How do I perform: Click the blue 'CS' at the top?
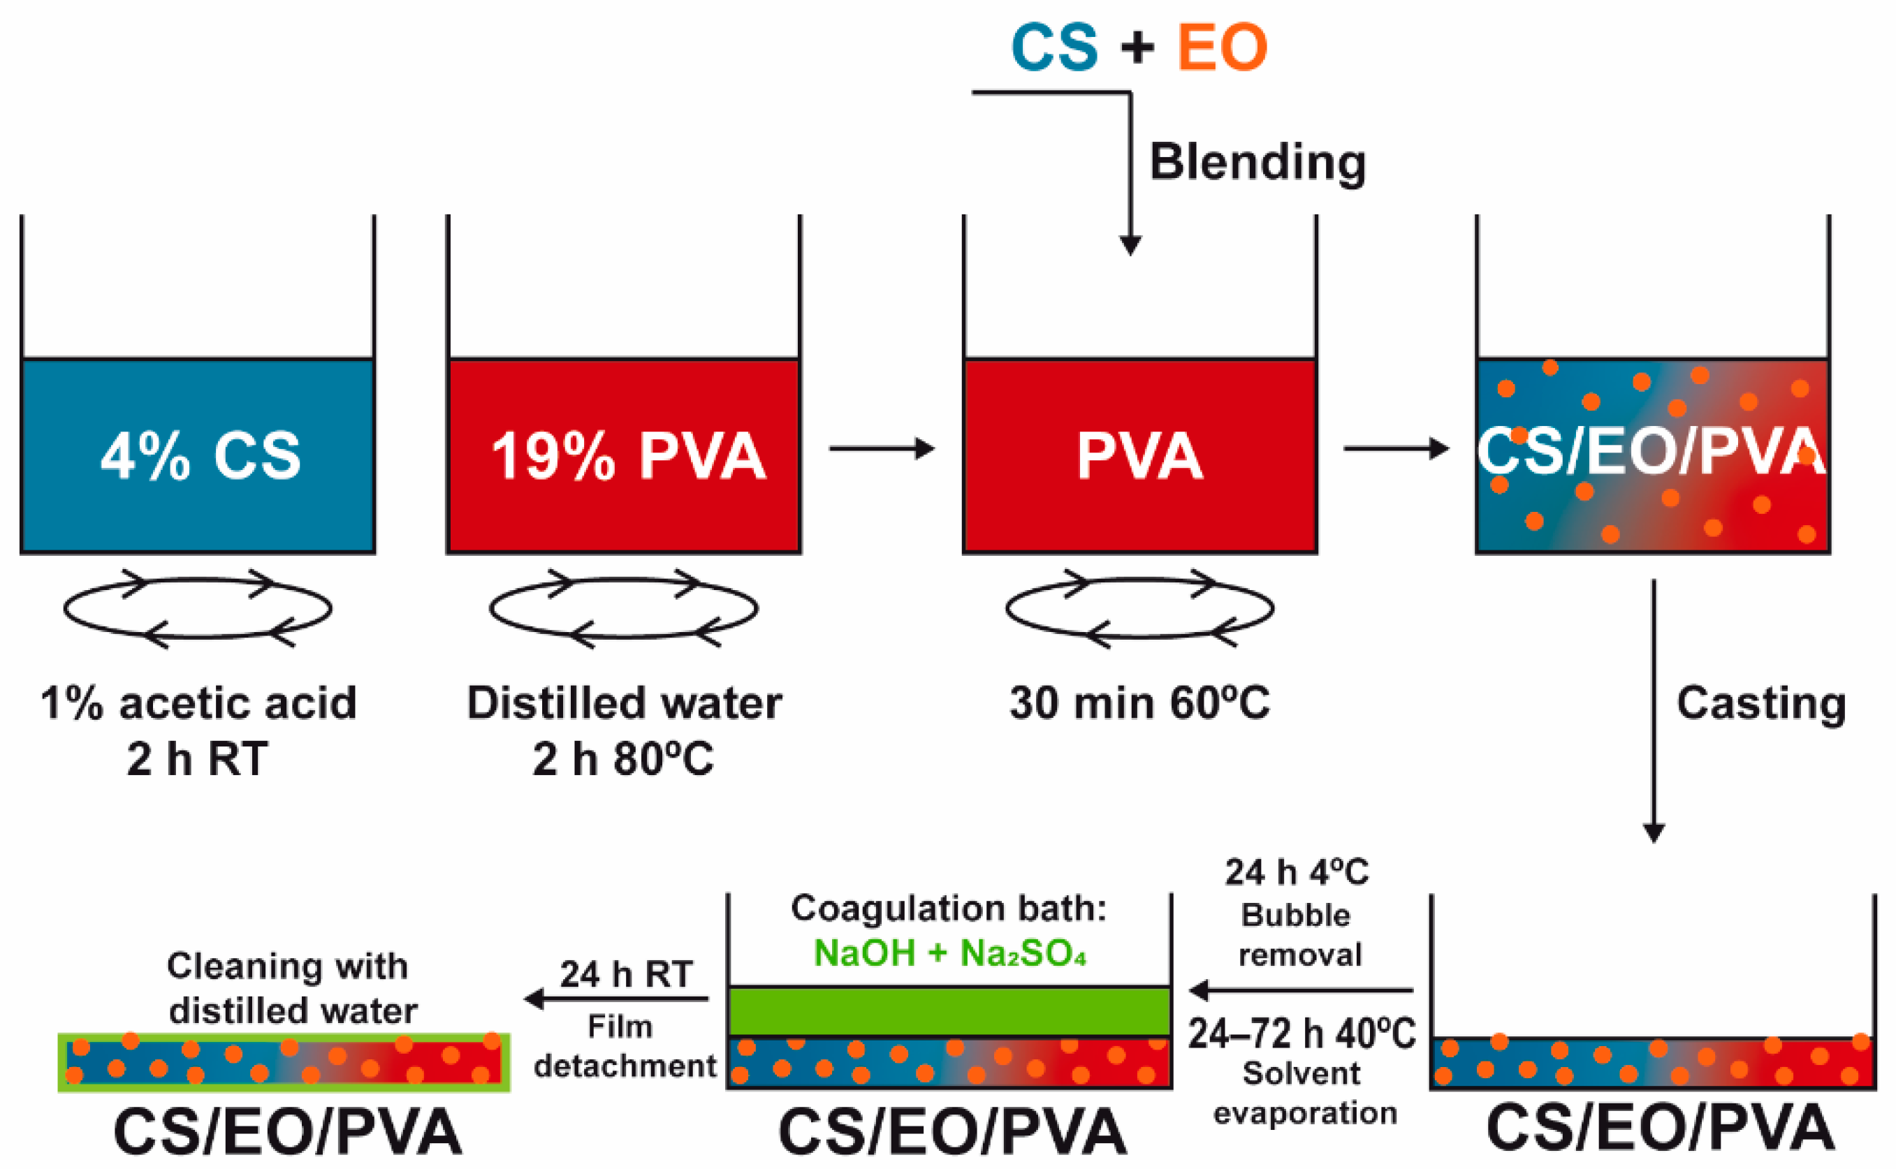tap(1054, 48)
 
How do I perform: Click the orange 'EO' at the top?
tap(1222, 48)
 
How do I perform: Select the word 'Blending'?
tap(1257, 162)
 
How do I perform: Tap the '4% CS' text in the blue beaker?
tap(200, 456)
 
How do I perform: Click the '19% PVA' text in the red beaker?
tap(628, 456)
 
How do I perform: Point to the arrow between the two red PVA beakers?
tap(882, 448)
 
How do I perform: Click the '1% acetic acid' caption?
tap(198, 704)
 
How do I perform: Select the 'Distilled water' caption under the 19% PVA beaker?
tap(624, 704)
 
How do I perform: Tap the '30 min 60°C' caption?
tap(1139, 704)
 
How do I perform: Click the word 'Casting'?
tap(1760, 704)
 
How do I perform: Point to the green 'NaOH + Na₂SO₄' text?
tap(949, 953)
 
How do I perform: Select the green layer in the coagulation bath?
tap(949, 1011)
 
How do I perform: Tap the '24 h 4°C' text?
tap(1297, 873)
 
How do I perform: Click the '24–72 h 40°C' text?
tap(1301, 1034)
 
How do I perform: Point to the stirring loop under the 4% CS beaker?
tap(198, 608)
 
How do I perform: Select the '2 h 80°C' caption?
tap(622, 759)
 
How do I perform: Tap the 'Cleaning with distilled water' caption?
tap(290, 989)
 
